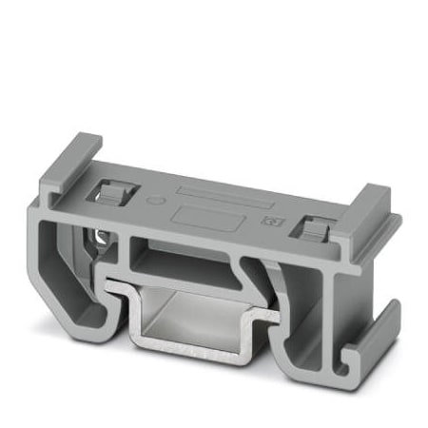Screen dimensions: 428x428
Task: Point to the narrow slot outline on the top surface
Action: (x=217, y=196)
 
